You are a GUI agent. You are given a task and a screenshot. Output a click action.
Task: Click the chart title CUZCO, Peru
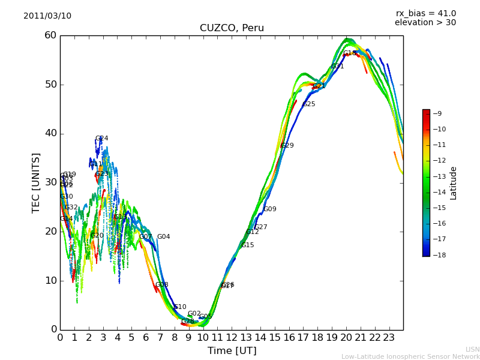click(x=232, y=28)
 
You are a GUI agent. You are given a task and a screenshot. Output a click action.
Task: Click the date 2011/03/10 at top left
click(x=47, y=16)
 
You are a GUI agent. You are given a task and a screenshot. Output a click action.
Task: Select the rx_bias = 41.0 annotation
click(x=425, y=13)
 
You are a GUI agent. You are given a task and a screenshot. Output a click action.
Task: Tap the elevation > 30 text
click(x=425, y=23)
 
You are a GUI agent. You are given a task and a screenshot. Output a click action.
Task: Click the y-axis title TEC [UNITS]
click(x=36, y=182)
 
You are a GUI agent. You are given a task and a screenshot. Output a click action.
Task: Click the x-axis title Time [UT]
click(x=232, y=350)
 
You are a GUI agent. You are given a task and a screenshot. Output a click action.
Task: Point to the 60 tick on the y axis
click(x=50, y=35)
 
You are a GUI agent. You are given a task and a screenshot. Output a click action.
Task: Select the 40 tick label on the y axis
click(x=50, y=133)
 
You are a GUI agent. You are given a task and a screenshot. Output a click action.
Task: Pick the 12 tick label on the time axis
click(x=232, y=337)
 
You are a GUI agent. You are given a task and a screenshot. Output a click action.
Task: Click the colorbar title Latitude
click(x=454, y=182)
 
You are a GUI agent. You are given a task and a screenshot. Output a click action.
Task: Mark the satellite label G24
click(x=101, y=139)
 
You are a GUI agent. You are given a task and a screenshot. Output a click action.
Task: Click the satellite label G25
click(x=308, y=104)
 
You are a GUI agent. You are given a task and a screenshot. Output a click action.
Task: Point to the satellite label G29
click(x=287, y=146)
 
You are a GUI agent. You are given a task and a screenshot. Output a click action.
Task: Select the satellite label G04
click(x=163, y=237)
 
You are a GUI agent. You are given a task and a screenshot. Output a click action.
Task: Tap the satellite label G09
click(x=270, y=209)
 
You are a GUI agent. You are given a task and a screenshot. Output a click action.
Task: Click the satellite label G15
click(x=247, y=245)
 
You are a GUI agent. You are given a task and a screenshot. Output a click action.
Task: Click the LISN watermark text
click(x=472, y=349)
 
